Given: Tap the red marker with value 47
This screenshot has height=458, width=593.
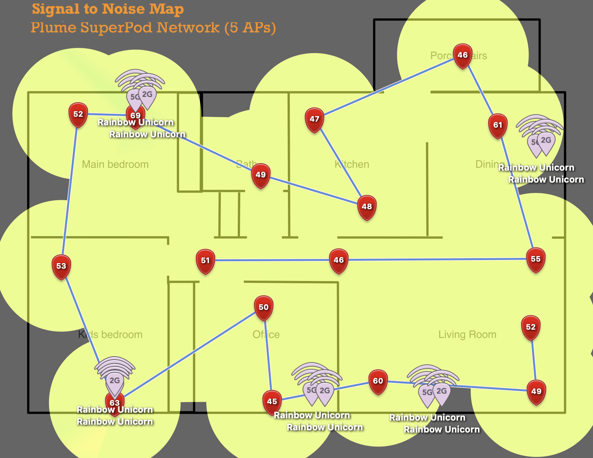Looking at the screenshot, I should pos(314,119).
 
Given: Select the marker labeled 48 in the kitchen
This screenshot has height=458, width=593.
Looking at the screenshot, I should pos(367,207).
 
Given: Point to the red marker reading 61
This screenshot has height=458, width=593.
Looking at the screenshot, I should pos(498,125).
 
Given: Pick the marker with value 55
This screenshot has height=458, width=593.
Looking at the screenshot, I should pos(536,259).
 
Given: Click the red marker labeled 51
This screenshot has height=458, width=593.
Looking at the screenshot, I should pos(206,260).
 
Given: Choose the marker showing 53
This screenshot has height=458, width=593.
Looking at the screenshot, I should pos(61,266).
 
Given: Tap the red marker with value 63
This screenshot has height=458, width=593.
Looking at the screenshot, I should pos(115,403).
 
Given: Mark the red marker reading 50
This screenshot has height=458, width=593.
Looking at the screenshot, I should pos(264,307).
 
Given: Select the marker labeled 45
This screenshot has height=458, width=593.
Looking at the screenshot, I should pos(272,401).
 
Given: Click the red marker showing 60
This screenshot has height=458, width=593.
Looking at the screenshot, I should pos(378,381).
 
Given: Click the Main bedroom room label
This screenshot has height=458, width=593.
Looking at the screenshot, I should pos(115,164).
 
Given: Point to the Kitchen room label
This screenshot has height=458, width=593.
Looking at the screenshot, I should pos(352,164).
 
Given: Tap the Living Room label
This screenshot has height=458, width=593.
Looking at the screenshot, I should pos(467,335).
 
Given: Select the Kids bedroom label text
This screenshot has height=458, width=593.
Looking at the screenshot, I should pos(110,335).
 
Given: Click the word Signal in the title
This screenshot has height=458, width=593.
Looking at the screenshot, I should pos(55,9).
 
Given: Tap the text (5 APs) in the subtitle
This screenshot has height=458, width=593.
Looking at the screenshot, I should pos(250,28).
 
